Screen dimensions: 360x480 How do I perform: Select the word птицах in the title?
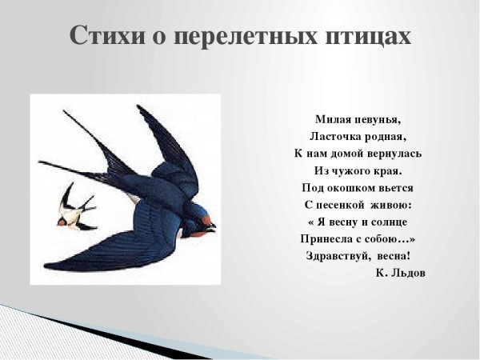370,35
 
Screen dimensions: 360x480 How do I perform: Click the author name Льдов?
407,273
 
